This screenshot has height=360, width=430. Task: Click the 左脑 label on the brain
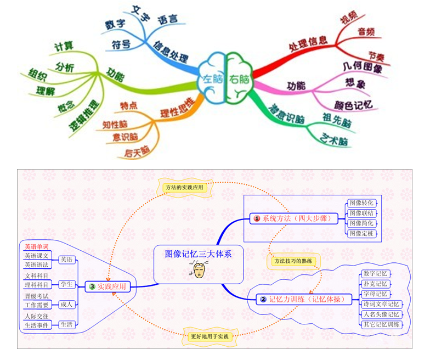[x=211, y=78]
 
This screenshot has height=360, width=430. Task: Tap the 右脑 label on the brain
[x=239, y=78]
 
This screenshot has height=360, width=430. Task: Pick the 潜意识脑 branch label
[x=287, y=113]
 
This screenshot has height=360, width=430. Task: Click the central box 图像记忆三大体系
[x=199, y=254]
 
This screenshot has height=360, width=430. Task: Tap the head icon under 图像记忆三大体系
[x=199, y=270]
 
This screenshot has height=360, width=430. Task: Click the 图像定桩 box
[x=363, y=234]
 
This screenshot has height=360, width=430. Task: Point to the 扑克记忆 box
[x=376, y=284]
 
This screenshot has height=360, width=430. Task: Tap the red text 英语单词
[x=37, y=246]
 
